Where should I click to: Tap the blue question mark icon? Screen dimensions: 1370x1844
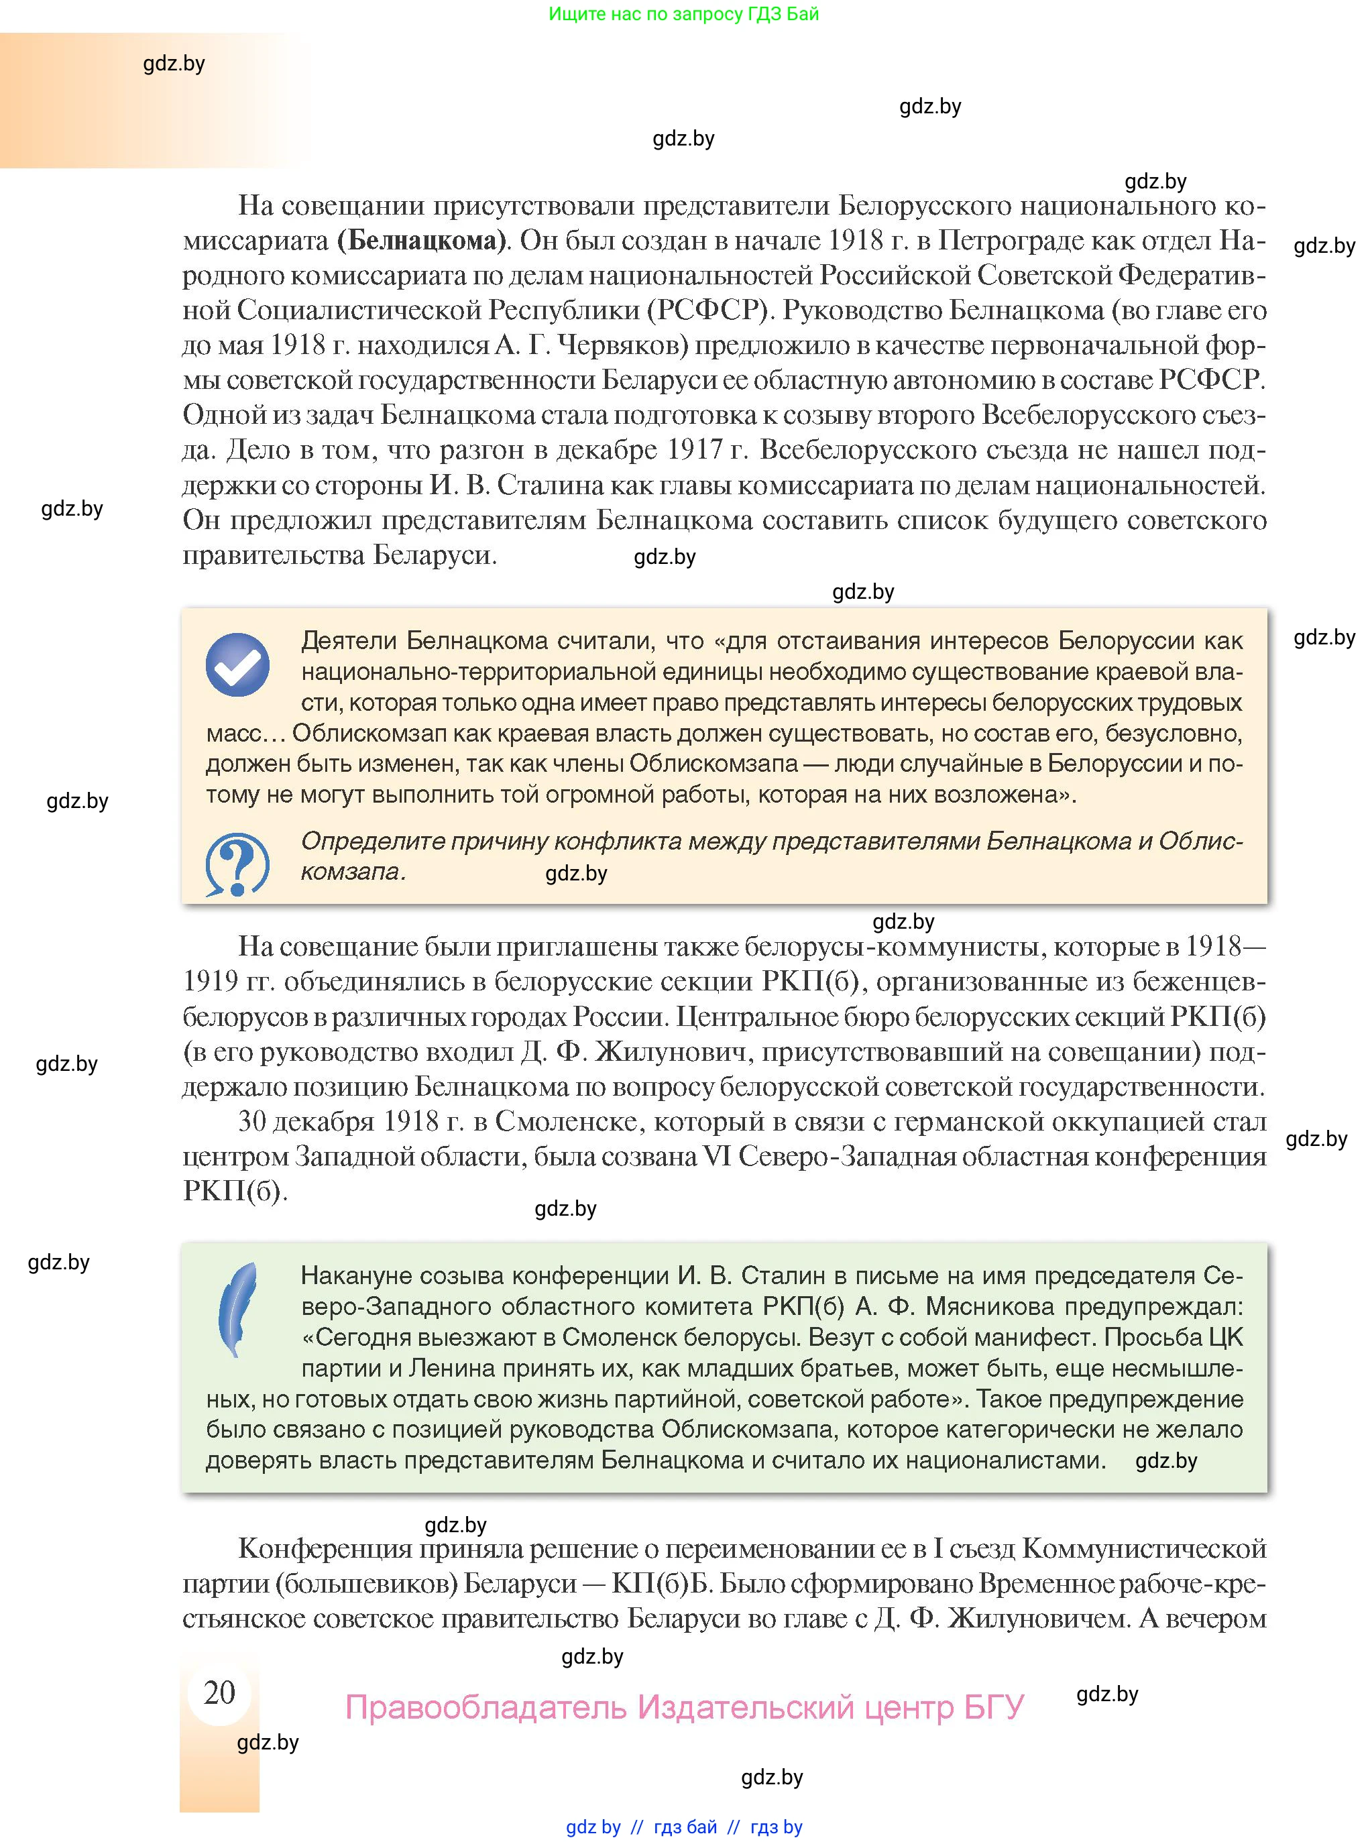(x=237, y=864)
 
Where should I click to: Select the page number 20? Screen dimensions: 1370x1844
(x=220, y=1692)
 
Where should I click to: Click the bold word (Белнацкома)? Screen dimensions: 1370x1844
(x=422, y=241)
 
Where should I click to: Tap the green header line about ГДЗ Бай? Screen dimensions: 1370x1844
(x=683, y=14)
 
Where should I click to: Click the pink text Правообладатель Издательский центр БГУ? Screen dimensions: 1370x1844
(x=684, y=1707)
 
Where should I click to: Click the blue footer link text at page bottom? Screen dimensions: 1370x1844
(x=684, y=1827)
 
